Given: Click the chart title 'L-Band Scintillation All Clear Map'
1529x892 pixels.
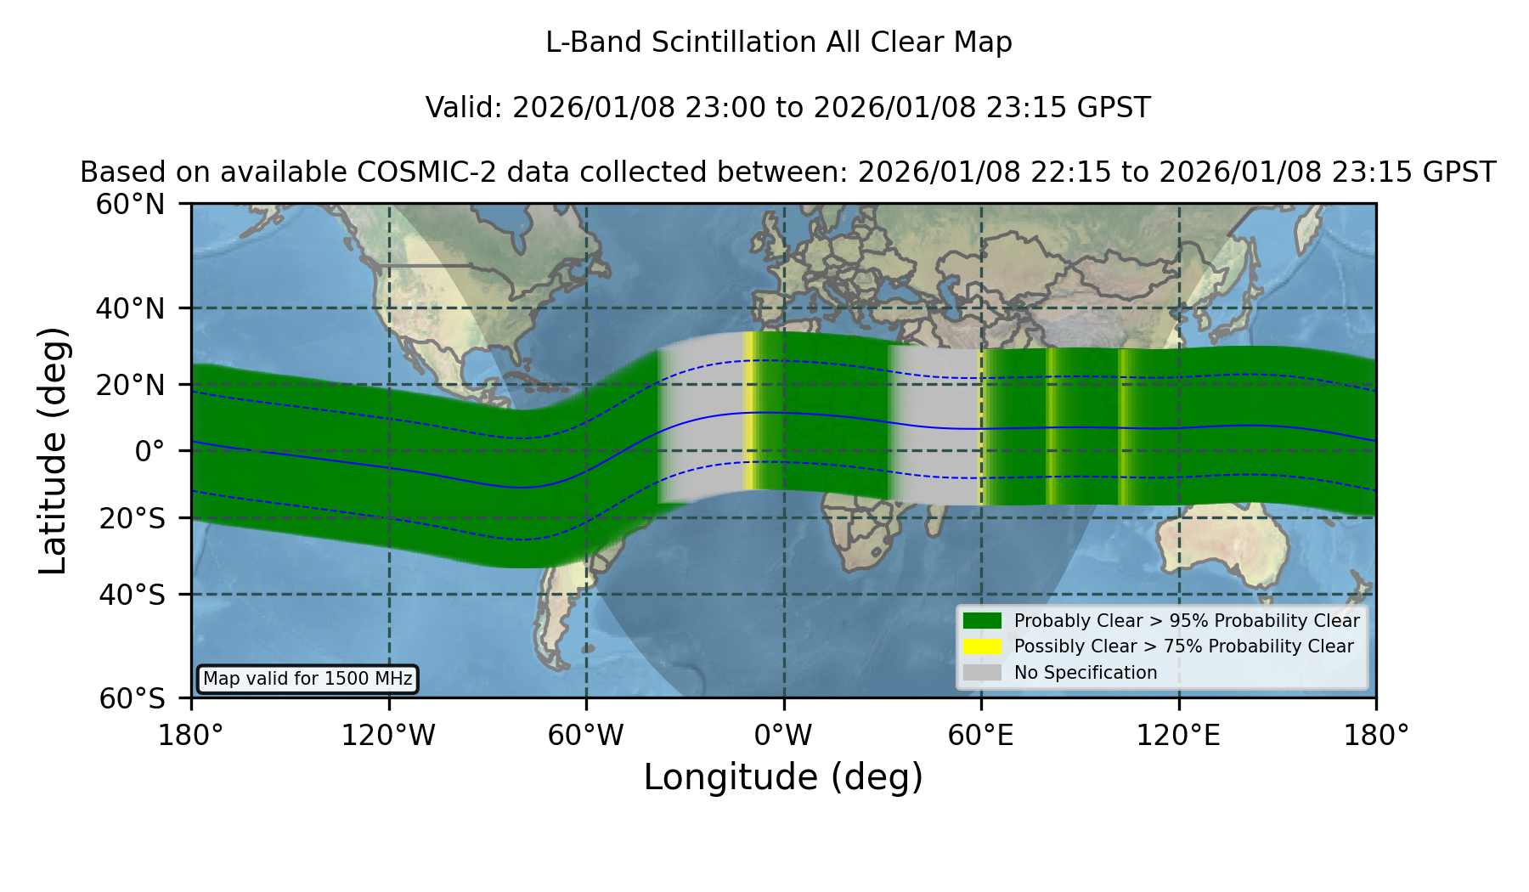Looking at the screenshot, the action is tap(779, 42).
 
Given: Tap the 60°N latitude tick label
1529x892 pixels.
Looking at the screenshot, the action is tap(130, 204).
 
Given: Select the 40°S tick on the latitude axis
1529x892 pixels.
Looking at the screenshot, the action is tap(132, 595).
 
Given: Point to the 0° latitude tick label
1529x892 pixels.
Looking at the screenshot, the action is tap(150, 451).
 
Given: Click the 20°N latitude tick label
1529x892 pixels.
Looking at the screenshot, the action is tap(130, 385).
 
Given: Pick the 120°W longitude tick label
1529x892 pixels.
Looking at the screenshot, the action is tap(388, 736).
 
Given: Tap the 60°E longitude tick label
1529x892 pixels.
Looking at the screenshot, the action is tap(981, 736).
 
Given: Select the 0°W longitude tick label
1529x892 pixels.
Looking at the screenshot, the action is tap(783, 736).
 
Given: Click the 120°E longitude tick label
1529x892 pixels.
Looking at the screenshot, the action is tap(1178, 736).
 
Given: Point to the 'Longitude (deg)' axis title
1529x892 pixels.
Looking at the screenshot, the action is tap(783, 777).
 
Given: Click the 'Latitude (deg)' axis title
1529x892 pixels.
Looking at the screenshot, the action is tap(53, 450).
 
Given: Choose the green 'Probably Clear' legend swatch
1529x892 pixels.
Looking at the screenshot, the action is tap(982, 621).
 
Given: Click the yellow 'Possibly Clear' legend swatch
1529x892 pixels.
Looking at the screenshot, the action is tap(982, 646).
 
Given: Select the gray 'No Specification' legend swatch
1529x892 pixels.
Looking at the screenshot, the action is tap(982, 673).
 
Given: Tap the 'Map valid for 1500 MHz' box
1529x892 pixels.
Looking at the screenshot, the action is tap(307, 679).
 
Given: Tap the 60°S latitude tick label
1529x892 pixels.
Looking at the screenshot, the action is tap(132, 698).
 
